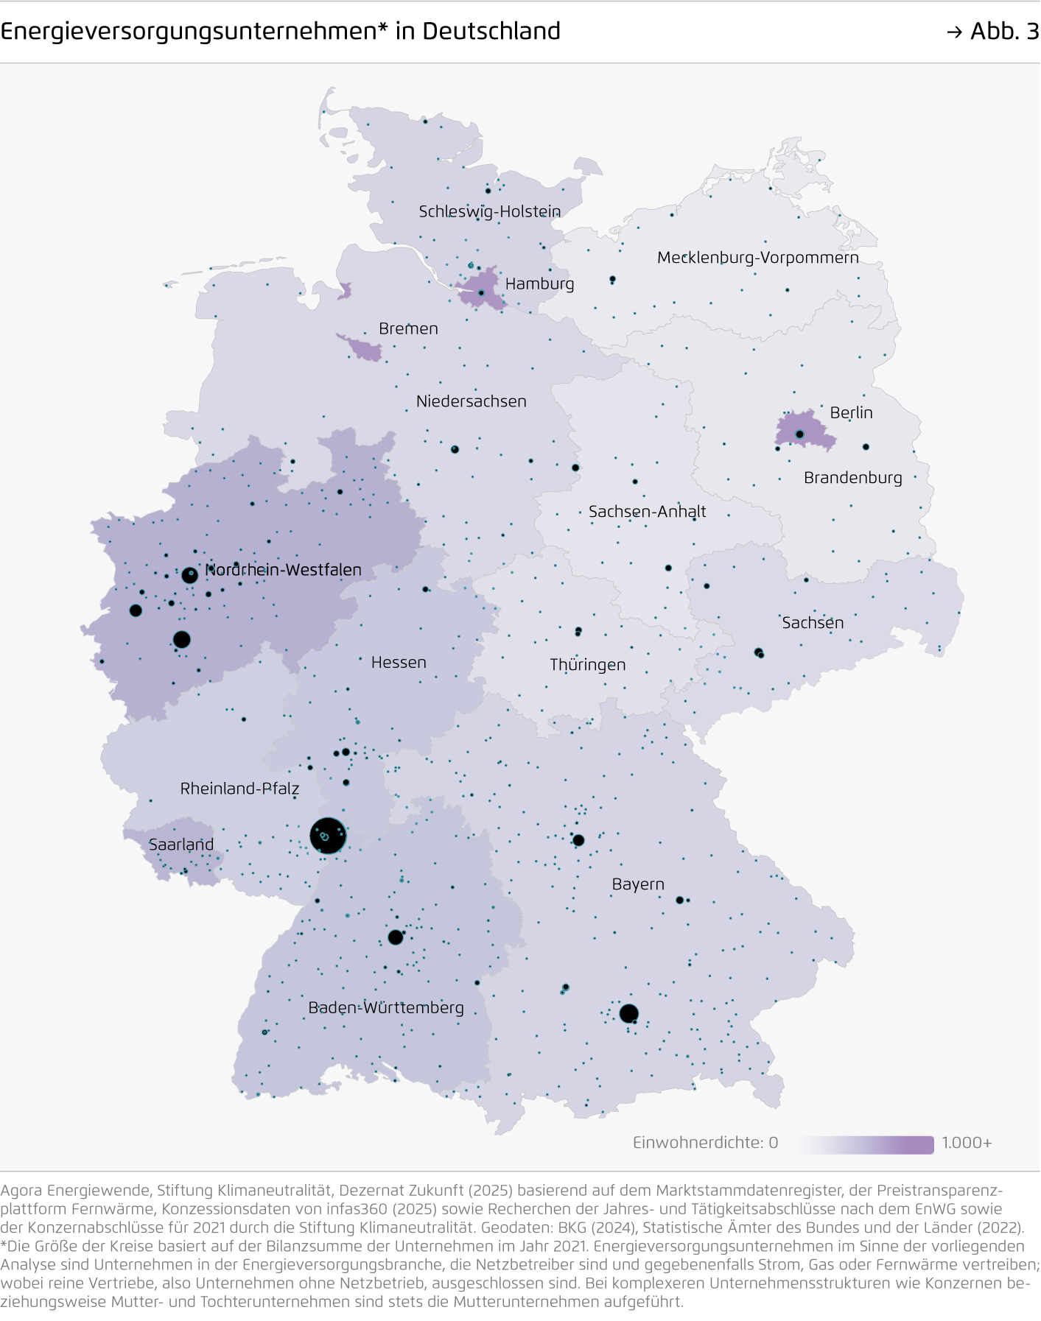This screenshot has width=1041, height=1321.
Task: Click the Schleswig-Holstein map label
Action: coord(490,212)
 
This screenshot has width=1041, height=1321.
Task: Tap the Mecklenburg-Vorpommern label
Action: coord(757,258)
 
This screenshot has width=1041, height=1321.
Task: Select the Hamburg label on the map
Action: coord(539,284)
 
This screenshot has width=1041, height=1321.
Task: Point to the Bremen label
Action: coord(408,329)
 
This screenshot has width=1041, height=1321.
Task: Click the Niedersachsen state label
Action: coord(471,402)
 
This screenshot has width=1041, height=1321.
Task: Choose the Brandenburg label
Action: coord(852,478)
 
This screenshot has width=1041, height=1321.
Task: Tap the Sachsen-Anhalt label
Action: coord(647,512)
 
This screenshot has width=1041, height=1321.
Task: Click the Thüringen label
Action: coord(587,665)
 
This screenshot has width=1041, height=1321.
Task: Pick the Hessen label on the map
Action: coord(399,663)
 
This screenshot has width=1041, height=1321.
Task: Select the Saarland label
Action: coord(181,845)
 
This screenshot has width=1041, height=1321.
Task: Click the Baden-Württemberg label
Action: coord(386,1008)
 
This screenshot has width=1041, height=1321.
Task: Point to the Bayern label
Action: coord(638,884)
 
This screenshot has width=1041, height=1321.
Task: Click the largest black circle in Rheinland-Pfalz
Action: coord(328,836)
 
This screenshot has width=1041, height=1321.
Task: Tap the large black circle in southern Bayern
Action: coord(628,1014)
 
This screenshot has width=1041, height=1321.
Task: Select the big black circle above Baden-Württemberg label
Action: coord(396,937)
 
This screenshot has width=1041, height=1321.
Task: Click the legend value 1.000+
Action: coord(967,1144)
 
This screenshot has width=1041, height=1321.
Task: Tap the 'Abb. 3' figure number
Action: coord(1003,31)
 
